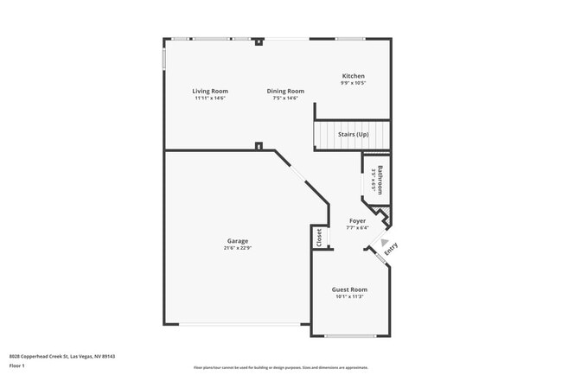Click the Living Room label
tap(210, 91)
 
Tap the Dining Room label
tap(285, 91)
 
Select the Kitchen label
tap(354, 76)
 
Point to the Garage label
tap(238, 241)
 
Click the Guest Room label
tap(349, 289)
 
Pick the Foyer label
tap(357, 221)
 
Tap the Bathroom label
tap(379, 179)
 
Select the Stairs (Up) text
tap(353, 135)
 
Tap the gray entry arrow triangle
tap(385, 243)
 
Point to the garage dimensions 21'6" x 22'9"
tap(238, 248)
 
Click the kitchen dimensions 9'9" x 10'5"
tap(354, 83)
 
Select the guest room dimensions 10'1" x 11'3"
tap(349, 296)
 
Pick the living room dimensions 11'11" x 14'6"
tap(210, 98)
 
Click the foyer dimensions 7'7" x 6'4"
tap(357, 228)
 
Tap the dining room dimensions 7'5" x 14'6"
tap(285, 98)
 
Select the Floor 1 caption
tap(18, 365)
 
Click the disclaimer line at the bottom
tap(280, 366)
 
